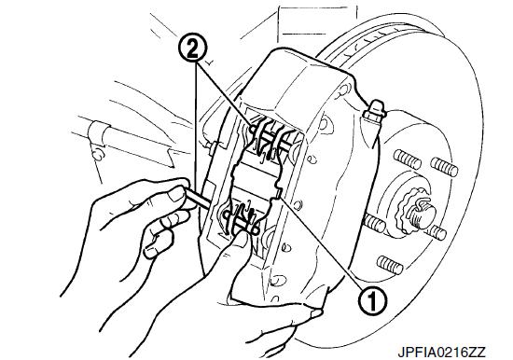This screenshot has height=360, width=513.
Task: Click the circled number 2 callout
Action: [192, 49]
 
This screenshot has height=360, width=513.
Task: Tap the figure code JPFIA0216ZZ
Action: [442, 353]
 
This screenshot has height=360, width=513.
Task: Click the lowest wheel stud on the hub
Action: [390, 264]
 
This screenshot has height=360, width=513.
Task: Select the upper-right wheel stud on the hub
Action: [444, 166]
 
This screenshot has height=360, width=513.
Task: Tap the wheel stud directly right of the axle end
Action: [437, 231]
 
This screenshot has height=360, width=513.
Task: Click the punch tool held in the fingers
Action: [198, 198]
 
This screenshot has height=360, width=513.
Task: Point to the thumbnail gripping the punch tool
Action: [175, 195]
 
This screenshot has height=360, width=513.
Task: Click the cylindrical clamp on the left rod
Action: [96, 132]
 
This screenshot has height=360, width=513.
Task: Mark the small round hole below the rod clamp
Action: [97, 153]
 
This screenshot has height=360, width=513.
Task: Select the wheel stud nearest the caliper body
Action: [374, 223]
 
